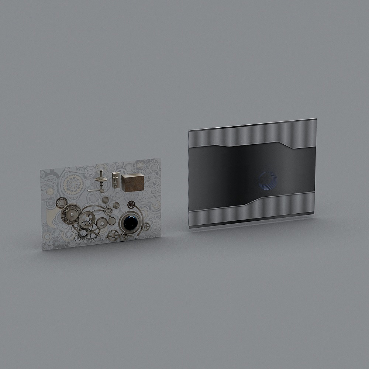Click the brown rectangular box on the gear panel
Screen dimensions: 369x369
point(132,183)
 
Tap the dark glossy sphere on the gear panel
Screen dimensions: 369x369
point(130,222)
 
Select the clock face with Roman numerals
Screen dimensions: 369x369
point(71,214)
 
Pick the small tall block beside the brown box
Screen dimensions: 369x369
point(116,180)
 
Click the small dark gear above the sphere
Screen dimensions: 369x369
point(131,204)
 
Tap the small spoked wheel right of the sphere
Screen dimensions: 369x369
point(146,226)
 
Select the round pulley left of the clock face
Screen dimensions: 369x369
point(61,202)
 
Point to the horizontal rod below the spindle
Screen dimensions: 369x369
point(95,190)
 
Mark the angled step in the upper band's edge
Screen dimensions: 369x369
point(286,145)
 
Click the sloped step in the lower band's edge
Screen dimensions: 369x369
point(255,201)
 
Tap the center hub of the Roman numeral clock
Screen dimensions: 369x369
point(71,214)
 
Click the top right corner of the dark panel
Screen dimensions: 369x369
point(315,120)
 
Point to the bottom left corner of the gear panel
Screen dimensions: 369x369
point(43,249)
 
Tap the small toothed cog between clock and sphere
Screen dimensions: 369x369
point(108,211)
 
